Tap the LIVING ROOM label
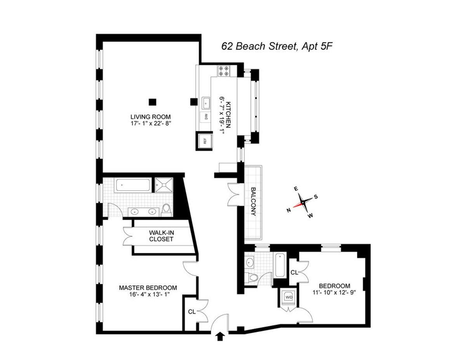point(151,117)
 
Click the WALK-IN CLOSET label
point(161,236)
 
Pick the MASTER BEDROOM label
point(148,288)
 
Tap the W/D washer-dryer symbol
point(289,297)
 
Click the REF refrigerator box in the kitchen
point(205,141)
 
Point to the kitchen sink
point(205,103)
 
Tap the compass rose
point(302,202)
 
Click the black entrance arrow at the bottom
point(220,336)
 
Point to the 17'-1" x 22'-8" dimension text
point(151,123)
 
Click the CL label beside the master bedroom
point(191,311)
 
